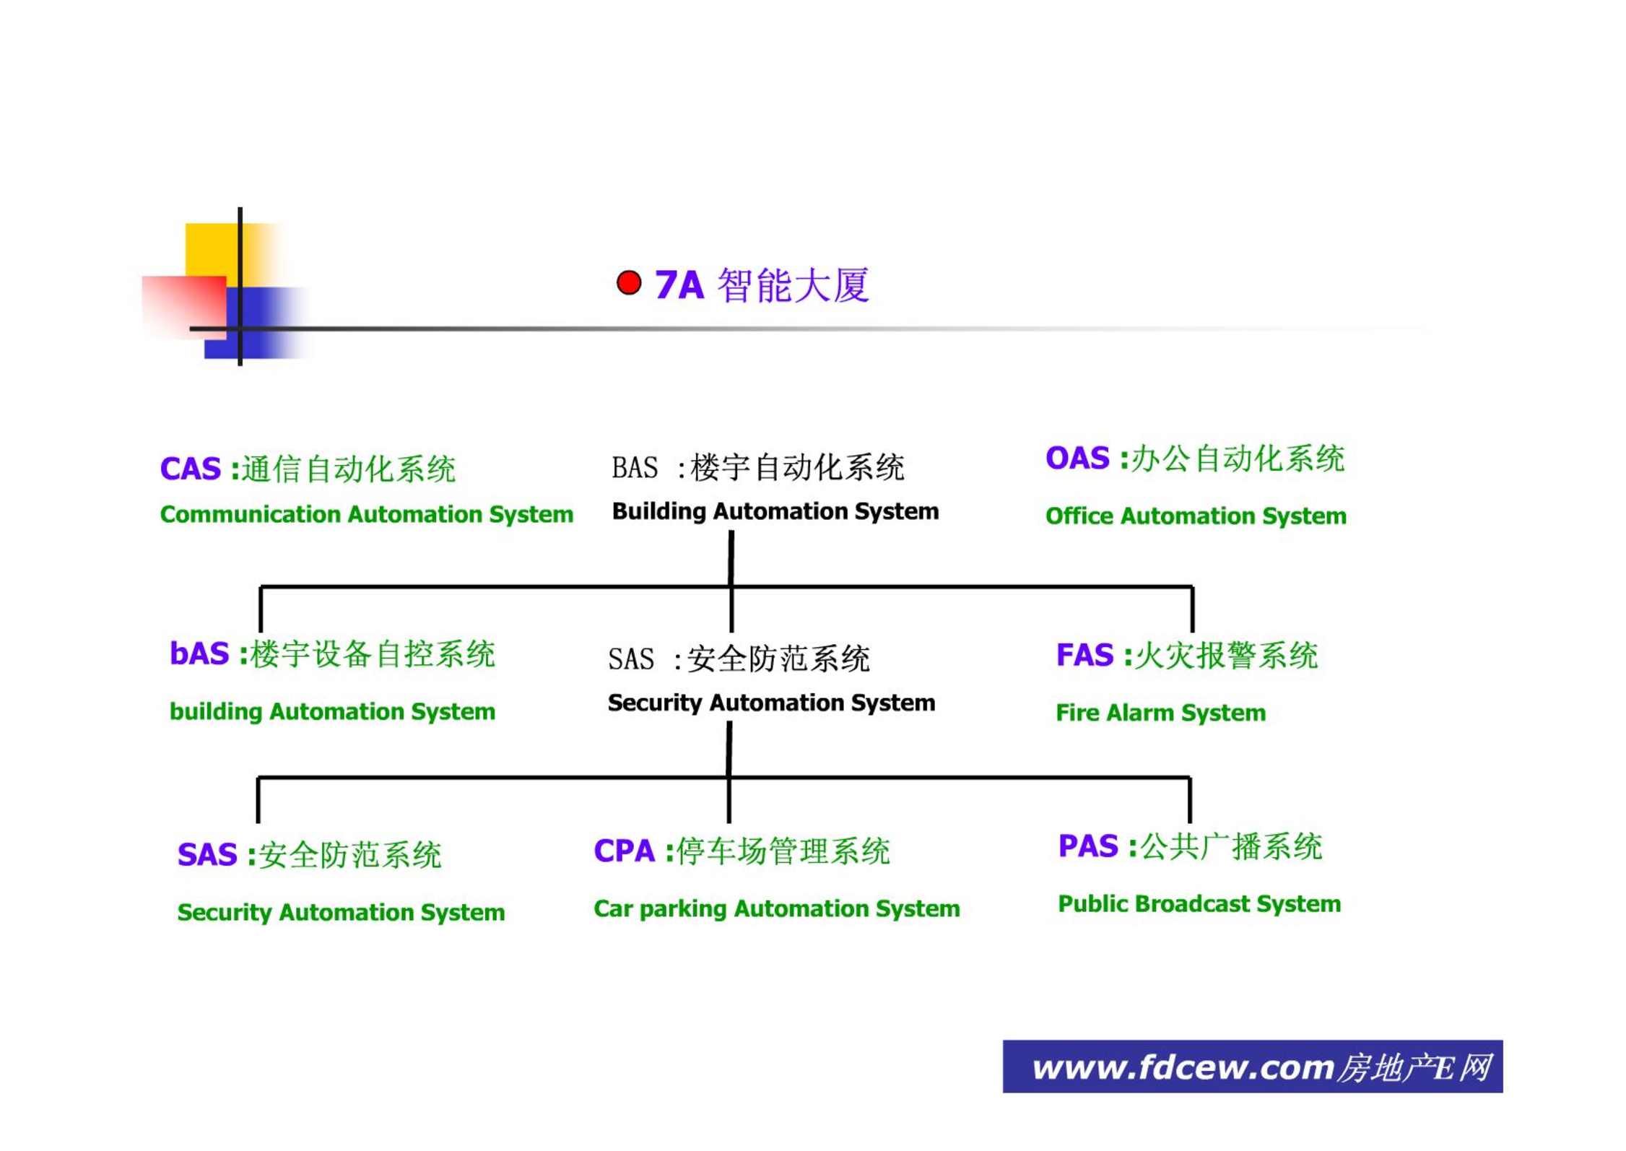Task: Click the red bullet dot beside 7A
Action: [628, 282]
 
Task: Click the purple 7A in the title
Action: [678, 285]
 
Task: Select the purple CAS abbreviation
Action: [190, 469]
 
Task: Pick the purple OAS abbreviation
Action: [1077, 458]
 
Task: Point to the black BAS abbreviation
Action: [634, 468]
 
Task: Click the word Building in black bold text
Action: [658, 511]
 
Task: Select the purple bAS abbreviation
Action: [199, 653]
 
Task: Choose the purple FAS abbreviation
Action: [1084, 655]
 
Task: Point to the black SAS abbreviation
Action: [630, 659]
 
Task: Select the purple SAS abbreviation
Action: [206, 855]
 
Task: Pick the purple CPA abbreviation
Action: [624, 851]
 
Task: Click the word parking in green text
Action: [682, 909]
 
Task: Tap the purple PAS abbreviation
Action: [1087, 846]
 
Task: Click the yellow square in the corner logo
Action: [212, 250]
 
